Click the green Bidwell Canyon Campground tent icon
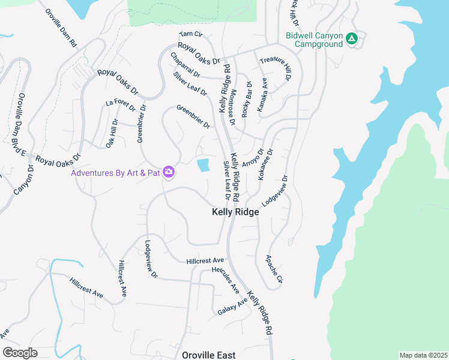(352, 40)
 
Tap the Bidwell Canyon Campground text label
(314, 40)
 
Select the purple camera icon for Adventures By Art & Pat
(169, 173)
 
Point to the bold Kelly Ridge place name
(235, 212)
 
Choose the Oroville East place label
(208, 355)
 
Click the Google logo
(20, 353)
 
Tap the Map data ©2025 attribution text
(423, 355)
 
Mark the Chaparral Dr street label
(185, 65)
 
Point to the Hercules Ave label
(226, 280)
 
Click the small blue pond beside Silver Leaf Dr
(204, 165)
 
